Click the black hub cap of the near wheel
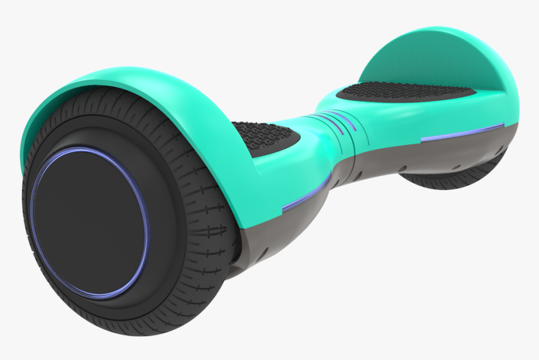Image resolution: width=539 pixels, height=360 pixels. coord(88,223)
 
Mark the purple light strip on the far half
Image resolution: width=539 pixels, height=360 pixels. coord(461,132)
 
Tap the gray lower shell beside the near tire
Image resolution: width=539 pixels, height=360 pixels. coord(269,232)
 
